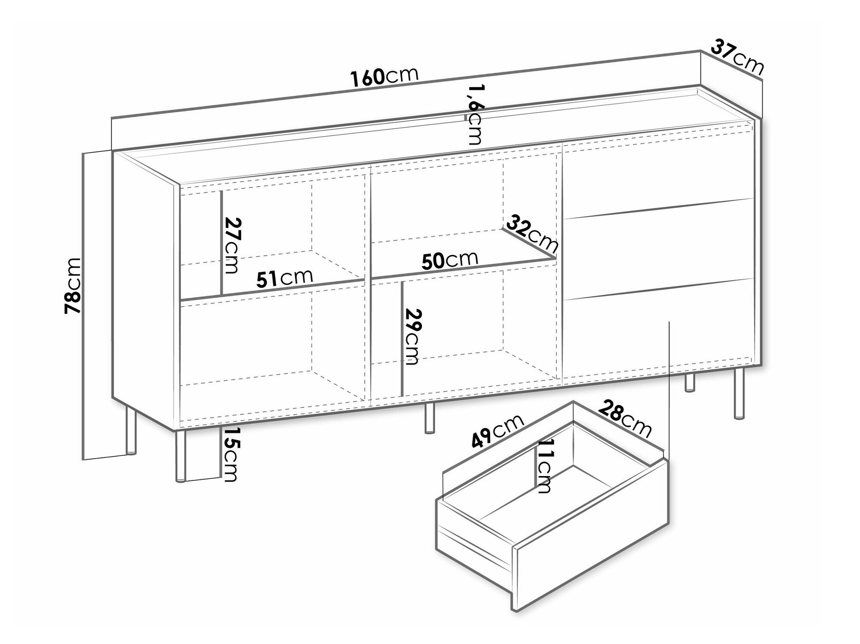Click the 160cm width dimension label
pyautogui.click(x=384, y=76)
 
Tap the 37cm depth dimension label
pyautogui.click(x=738, y=57)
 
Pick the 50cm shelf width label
pyautogui.click(x=450, y=260)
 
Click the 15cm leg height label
pyautogui.click(x=230, y=455)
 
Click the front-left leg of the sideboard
pyautogui.click(x=181, y=455)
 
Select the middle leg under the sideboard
pyautogui.click(x=429, y=418)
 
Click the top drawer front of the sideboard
pyautogui.click(x=659, y=171)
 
